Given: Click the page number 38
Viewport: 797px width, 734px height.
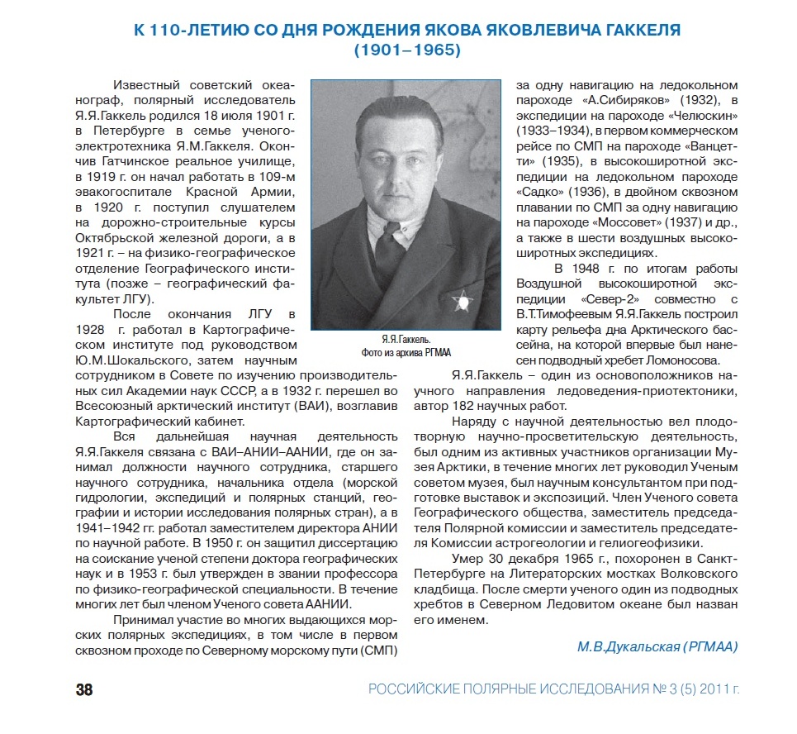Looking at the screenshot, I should tap(84, 689).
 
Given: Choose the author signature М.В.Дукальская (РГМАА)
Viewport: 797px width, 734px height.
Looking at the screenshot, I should tap(656, 646).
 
